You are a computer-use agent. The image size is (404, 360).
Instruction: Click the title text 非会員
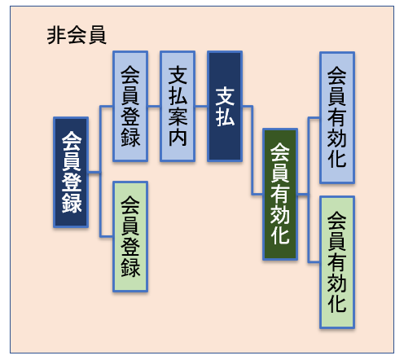pyautogui.click(x=77, y=35)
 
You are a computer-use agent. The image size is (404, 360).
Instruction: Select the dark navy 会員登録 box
pyautogui.click(x=71, y=172)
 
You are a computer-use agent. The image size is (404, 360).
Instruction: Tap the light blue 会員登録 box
pyautogui.click(x=130, y=106)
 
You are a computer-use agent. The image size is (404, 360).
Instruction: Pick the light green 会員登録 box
pyautogui.click(x=130, y=237)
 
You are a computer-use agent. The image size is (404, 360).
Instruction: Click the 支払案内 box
pyautogui.click(x=178, y=106)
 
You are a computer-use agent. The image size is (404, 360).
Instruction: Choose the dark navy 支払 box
pyautogui.click(x=225, y=106)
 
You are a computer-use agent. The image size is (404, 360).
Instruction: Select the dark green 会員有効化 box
pyautogui.click(x=280, y=194)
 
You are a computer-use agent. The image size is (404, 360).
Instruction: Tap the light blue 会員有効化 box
pyautogui.click(x=337, y=117)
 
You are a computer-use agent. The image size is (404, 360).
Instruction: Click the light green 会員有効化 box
pyautogui.click(x=337, y=262)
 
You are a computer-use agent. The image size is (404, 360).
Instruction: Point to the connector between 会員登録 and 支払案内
pyautogui.click(x=154, y=106)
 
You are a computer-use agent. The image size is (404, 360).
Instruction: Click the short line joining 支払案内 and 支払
pyautogui.click(x=201, y=106)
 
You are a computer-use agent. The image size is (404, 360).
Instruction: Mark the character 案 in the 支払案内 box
pyautogui.click(x=178, y=116)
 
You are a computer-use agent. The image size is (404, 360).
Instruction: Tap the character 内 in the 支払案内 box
pyautogui.click(x=178, y=137)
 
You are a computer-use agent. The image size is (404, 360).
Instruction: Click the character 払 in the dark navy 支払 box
pyautogui.click(x=225, y=117)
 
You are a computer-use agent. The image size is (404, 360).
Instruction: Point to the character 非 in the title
pyautogui.click(x=56, y=35)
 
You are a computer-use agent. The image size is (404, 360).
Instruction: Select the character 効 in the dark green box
pyautogui.click(x=280, y=214)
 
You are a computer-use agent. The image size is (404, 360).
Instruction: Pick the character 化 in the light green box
pyautogui.click(x=337, y=303)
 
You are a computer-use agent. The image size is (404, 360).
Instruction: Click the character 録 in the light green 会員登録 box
pyautogui.click(x=130, y=267)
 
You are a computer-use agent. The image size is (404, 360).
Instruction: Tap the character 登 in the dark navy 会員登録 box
pyautogui.click(x=71, y=182)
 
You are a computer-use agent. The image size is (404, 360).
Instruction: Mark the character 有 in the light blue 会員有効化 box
pyautogui.click(x=337, y=117)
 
